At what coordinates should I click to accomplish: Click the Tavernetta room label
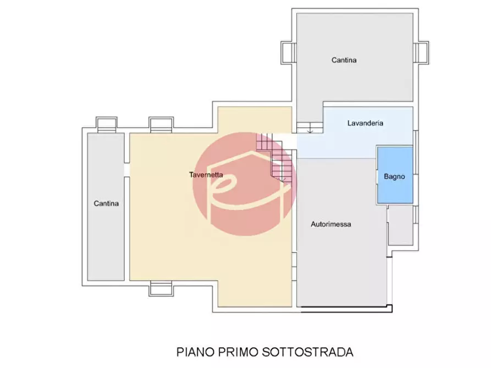pos(206,175)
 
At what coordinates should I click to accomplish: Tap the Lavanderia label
pos(365,123)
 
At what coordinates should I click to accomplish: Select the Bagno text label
pos(394,176)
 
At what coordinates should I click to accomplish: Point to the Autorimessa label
pos(330,224)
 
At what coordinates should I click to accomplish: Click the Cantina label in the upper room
pos(344,60)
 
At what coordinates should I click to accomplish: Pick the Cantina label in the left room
pos(106,203)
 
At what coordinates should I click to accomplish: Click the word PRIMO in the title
pos(232,351)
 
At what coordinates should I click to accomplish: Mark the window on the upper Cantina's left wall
pos(288,53)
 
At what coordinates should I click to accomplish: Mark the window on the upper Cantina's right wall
pos(421,53)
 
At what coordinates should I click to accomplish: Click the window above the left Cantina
pos(106,124)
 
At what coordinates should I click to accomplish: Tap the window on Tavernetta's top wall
pos(161,124)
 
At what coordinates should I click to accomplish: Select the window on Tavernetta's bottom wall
pos(161,288)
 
